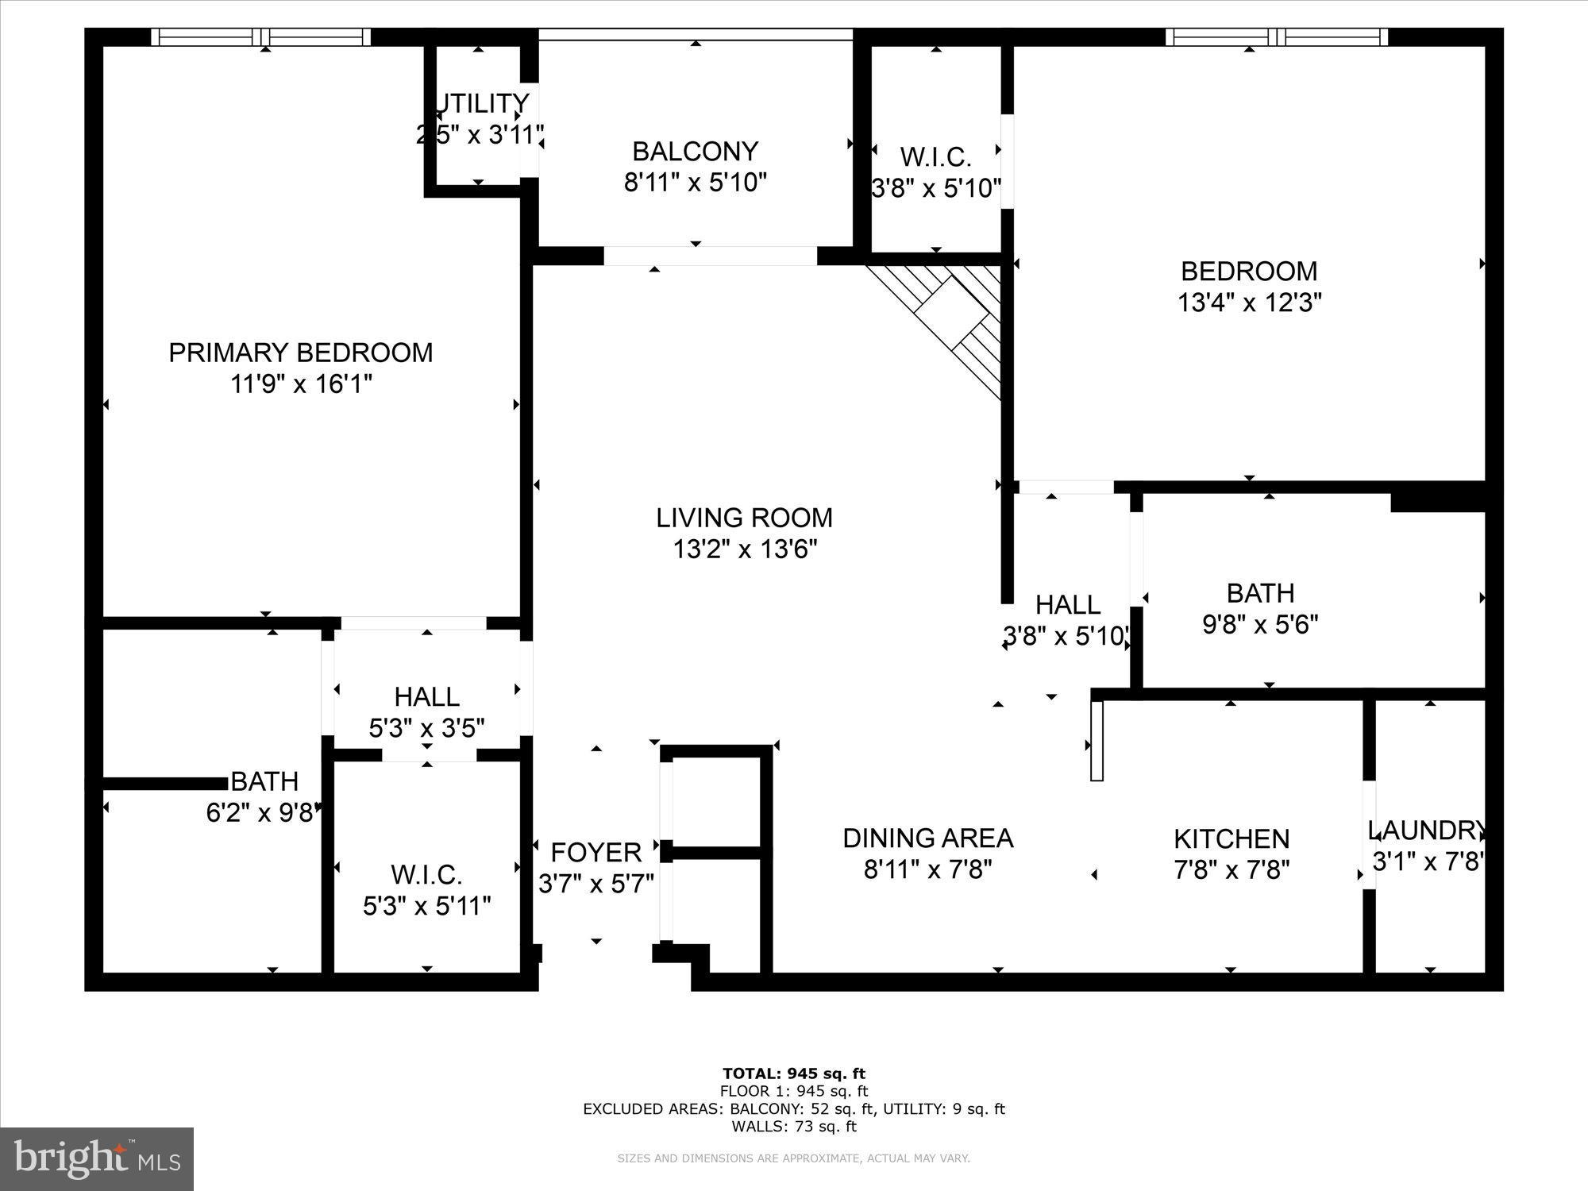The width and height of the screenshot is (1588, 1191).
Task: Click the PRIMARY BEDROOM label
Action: coord(300,353)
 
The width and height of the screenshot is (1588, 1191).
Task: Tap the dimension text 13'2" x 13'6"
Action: coord(744,549)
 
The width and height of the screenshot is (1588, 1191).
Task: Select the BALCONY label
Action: coord(695,151)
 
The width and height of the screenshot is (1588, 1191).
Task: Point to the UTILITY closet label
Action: coord(482,104)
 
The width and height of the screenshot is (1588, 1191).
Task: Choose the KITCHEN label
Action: coord(1231,839)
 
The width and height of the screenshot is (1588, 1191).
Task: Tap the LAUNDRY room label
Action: coord(1426,831)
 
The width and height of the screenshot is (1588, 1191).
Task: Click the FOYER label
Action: coord(595,853)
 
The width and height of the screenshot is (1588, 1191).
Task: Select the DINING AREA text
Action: coord(927,838)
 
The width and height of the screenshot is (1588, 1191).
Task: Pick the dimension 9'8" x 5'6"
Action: coord(1260,625)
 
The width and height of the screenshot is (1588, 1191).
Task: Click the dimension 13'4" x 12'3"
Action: coord(1249,303)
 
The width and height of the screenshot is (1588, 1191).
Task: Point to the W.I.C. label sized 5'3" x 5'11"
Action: coord(426,875)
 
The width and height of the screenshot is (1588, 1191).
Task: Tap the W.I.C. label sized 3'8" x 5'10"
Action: coord(935,157)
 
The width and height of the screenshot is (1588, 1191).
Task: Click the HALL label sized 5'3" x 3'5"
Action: coord(426,697)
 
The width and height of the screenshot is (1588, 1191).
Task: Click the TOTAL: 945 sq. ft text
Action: coord(793,1074)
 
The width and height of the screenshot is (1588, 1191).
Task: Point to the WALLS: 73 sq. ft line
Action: coord(793,1126)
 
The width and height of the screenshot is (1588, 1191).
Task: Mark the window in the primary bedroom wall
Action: coord(260,37)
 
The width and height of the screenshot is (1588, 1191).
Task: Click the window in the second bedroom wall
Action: coord(1276,37)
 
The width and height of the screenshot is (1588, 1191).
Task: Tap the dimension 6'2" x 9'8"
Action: coord(263,814)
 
